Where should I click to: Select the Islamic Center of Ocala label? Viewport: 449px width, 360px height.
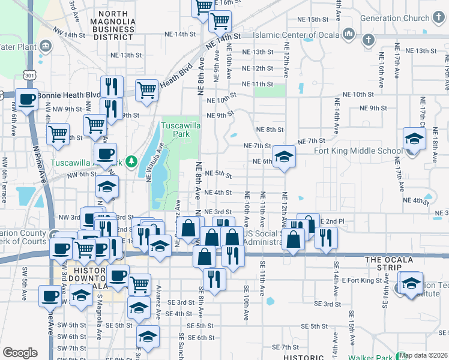tap(294, 35)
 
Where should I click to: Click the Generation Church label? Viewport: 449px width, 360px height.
tap(395, 18)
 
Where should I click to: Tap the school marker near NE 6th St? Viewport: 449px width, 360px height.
tap(285, 157)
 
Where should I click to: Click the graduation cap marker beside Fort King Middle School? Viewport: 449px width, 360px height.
tap(414, 139)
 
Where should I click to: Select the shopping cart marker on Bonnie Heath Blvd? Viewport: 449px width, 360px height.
tap(146, 90)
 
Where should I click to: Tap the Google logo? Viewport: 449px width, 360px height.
tap(20, 352)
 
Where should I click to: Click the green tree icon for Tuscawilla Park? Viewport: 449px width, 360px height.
tap(136, 161)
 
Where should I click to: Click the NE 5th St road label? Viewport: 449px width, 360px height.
tap(218, 174)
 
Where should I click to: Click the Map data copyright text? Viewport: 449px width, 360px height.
tap(423, 355)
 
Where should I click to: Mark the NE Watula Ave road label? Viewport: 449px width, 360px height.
tap(154, 161)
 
